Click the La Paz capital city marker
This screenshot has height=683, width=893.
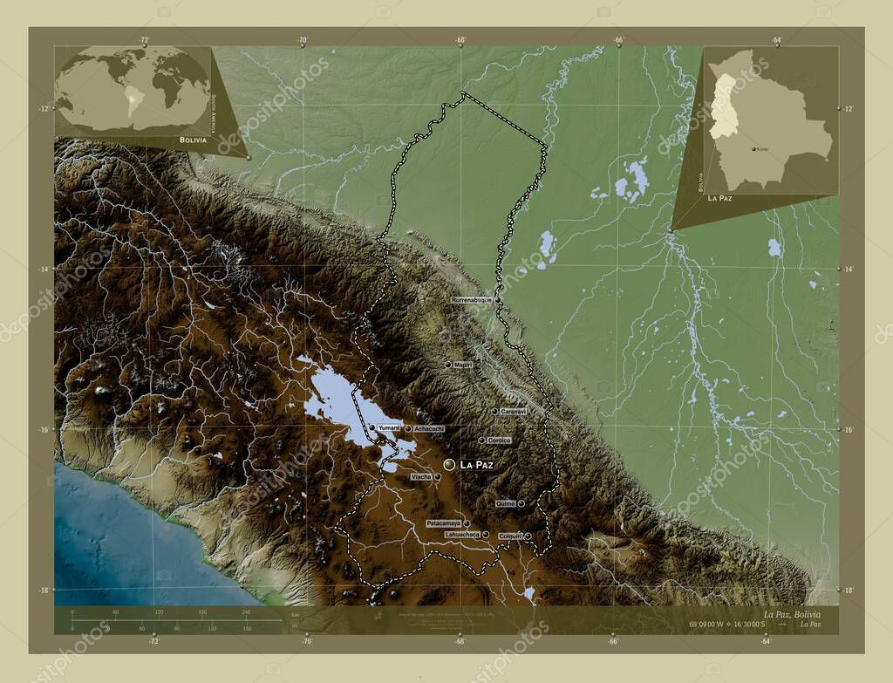click(449, 466)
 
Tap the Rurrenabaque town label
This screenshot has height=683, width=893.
click(472, 300)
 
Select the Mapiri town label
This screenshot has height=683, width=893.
click(462, 365)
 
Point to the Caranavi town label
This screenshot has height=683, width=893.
click(513, 411)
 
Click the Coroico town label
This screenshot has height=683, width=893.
click(499, 441)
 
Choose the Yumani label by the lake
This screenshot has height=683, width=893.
click(388, 428)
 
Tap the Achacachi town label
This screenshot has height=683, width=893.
click(428, 428)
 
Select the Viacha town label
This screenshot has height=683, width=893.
click(421, 477)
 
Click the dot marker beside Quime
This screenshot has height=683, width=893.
click(521, 504)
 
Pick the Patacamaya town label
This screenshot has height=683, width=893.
click(444, 523)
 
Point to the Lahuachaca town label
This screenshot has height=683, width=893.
click(461, 534)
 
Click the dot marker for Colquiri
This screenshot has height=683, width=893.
click(528, 536)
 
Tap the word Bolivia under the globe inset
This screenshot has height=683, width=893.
click(193, 140)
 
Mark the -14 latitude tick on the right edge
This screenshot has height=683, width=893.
click(849, 269)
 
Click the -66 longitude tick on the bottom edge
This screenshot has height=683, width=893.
click(613, 641)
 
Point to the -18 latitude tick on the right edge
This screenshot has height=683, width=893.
click(849, 590)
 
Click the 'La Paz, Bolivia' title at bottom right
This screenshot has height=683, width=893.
click(791, 615)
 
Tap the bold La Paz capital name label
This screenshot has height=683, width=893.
click(476, 466)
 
